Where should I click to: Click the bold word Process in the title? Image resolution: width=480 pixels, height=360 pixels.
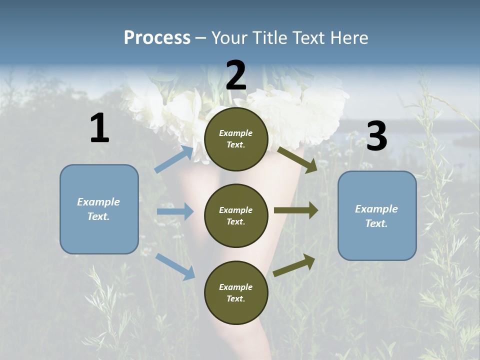[x=157, y=37]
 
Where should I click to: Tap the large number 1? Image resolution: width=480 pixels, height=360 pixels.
[x=99, y=128]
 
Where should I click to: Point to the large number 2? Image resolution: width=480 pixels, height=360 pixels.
[x=236, y=75]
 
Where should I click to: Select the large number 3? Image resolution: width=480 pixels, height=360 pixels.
[x=376, y=136]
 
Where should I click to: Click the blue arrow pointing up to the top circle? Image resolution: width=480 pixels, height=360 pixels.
[x=174, y=159]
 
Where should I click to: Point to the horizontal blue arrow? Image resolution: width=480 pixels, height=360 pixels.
[x=175, y=211]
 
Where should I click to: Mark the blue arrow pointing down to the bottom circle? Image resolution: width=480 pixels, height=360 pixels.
[x=175, y=266]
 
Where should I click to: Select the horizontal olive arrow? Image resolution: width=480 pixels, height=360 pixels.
[x=295, y=210]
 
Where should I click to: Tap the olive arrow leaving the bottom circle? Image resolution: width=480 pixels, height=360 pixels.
[x=294, y=265]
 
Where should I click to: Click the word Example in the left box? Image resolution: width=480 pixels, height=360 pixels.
[x=98, y=202]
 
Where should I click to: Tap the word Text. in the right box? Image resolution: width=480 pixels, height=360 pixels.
[x=376, y=223]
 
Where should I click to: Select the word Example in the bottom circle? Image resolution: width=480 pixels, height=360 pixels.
[x=236, y=287]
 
